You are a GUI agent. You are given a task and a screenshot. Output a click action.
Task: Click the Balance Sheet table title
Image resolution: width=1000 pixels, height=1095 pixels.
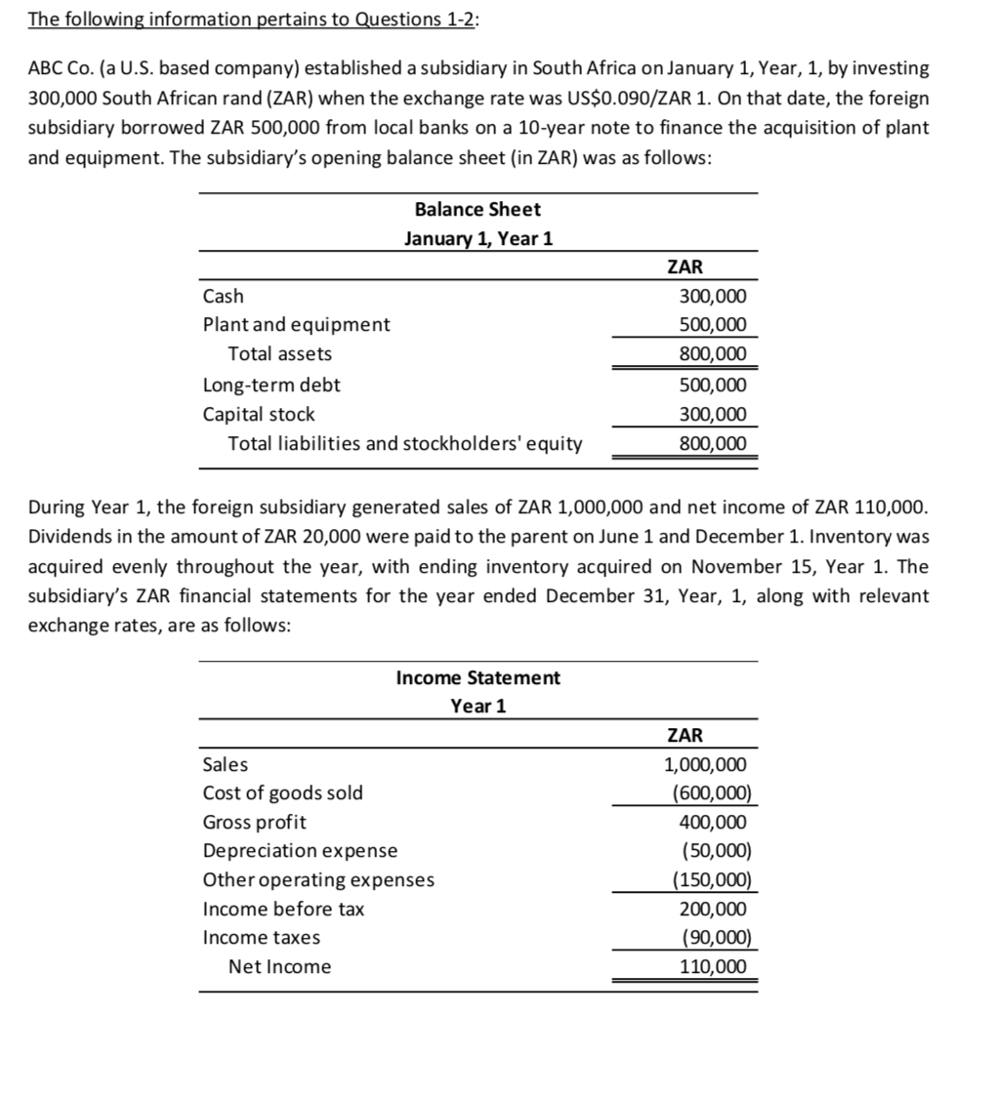pyautogui.click(x=478, y=210)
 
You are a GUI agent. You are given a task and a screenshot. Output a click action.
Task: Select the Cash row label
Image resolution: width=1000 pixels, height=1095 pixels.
pyautogui.click(x=224, y=296)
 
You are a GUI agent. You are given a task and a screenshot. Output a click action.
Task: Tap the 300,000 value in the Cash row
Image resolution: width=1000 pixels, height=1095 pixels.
pyautogui.click(x=711, y=297)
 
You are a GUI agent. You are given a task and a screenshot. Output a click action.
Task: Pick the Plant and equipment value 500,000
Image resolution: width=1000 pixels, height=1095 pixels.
pyautogui.click(x=711, y=325)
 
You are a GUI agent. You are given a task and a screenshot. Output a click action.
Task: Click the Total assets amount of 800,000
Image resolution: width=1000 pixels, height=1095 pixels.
pyautogui.click(x=711, y=354)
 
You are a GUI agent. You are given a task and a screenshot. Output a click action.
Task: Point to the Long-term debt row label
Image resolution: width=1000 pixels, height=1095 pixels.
pyautogui.click(x=271, y=385)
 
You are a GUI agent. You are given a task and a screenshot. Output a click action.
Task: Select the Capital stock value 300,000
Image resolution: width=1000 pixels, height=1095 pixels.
pyautogui.click(x=711, y=415)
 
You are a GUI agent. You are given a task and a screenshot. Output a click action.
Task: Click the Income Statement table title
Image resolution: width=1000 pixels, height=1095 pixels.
pyautogui.click(x=478, y=677)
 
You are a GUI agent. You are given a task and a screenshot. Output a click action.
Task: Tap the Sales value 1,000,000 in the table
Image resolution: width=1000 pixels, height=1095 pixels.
pyautogui.click(x=706, y=765)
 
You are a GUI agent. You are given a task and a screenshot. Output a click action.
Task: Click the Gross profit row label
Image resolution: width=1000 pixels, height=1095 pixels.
pyautogui.click(x=254, y=822)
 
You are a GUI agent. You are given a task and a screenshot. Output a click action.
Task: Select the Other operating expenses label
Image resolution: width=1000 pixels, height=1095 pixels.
pyautogui.click(x=318, y=880)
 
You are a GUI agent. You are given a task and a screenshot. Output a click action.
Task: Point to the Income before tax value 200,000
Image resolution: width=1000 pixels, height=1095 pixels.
pyautogui.click(x=713, y=910)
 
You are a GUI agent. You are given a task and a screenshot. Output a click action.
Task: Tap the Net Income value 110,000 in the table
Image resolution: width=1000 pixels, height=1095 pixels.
pyautogui.click(x=713, y=967)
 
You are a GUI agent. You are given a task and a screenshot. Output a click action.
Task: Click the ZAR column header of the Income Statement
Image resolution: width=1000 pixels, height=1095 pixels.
pyautogui.click(x=684, y=735)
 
